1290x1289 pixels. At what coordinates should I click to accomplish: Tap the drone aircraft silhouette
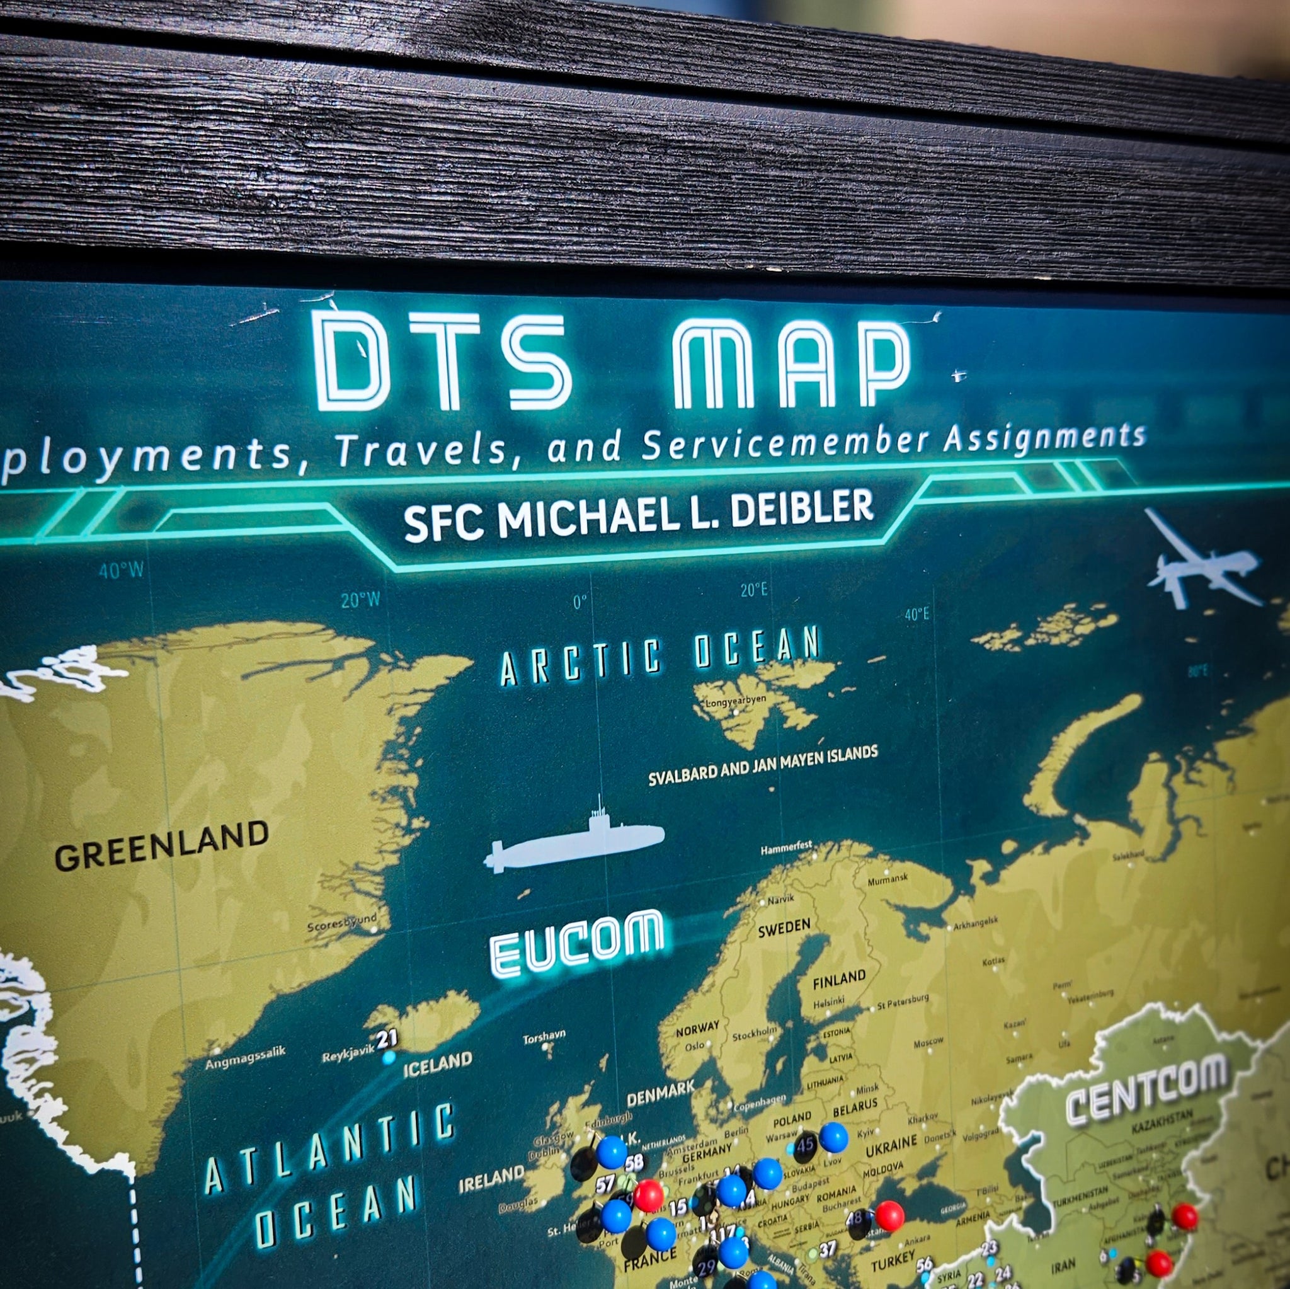click(1198, 565)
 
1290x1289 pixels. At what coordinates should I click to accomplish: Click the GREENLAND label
click(162, 846)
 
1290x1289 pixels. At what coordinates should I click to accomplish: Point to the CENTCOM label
click(1146, 1088)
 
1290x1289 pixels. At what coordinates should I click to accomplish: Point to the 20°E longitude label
click(753, 590)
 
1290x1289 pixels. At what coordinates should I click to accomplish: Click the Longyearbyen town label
click(735, 701)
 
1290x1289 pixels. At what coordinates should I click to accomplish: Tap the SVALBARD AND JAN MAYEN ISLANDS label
click(763, 766)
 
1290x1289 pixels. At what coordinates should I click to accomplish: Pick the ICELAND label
click(437, 1064)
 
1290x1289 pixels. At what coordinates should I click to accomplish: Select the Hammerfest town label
click(786, 847)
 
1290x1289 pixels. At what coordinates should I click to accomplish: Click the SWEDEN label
click(784, 927)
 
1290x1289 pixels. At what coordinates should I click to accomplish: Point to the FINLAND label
click(838, 979)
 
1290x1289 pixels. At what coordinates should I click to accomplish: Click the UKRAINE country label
click(891, 1146)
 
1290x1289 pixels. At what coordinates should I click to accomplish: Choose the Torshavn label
click(544, 1036)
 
